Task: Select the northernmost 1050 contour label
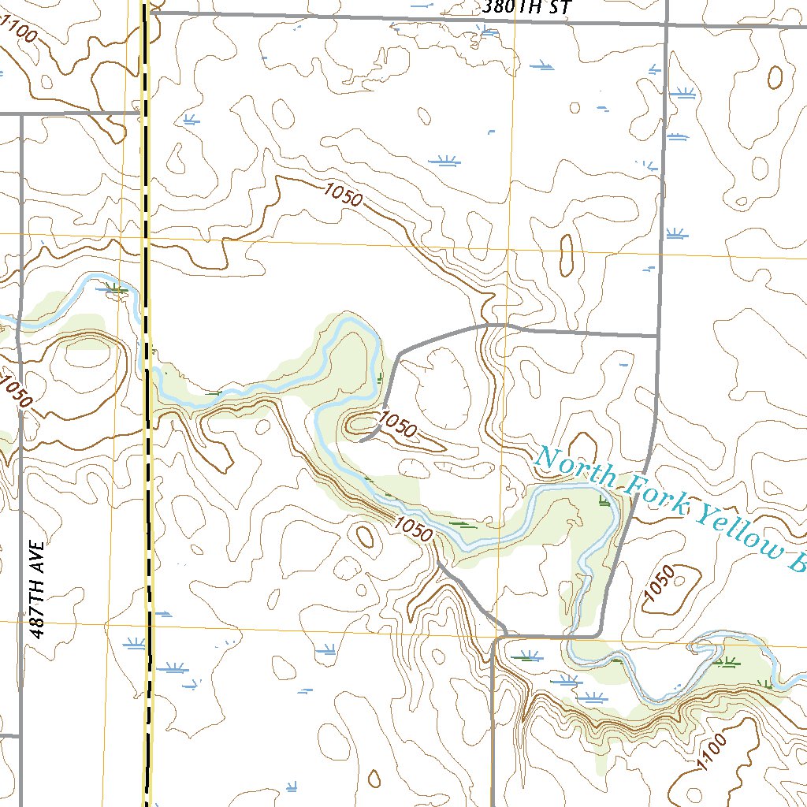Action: (343, 193)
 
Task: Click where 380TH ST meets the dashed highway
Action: (147, 13)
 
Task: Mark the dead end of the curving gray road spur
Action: (360, 441)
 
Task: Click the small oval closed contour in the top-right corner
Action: (775, 76)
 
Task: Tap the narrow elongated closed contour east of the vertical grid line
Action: (566, 255)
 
